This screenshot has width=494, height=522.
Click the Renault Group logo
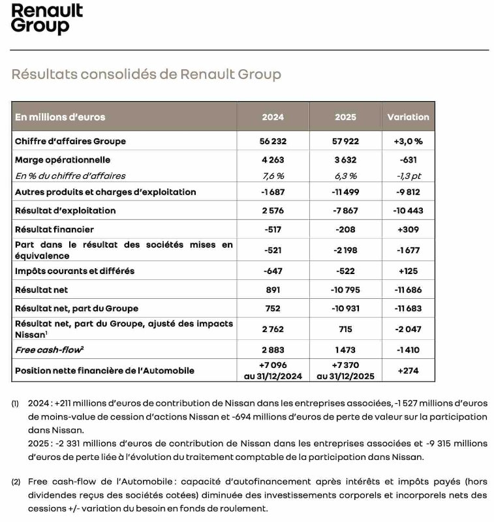(x=47, y=19)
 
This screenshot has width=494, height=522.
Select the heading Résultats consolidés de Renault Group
(x=146, y=74)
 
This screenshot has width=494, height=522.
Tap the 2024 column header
(x=273, y=117)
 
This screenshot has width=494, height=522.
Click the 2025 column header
(x=345, y=117)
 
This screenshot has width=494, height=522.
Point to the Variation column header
(x=408, y=117)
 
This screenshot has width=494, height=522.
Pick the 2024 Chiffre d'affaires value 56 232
(x=273, y=141)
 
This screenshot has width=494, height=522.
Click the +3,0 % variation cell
(x=408, y=141)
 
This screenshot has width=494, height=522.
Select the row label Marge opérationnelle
(x=63, y=160)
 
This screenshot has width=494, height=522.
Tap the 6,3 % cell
(x=345, y=176)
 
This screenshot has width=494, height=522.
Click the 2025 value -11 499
(x=345, y=192)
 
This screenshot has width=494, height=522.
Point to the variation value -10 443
(x=408, y=211)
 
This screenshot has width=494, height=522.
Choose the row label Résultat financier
(x=54, y=230)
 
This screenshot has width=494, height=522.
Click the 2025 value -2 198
(x=345, y=250)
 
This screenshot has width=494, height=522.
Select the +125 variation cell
(x=408, y=271)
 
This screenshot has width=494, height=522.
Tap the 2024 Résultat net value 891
(x=273, y=289)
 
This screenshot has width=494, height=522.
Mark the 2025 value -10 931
(x=345, y=308)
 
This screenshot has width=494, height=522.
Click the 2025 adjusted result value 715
(x=345, y=329)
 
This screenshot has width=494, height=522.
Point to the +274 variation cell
(x=408, y=371)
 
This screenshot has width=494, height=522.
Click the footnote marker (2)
(x=16, y=482)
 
